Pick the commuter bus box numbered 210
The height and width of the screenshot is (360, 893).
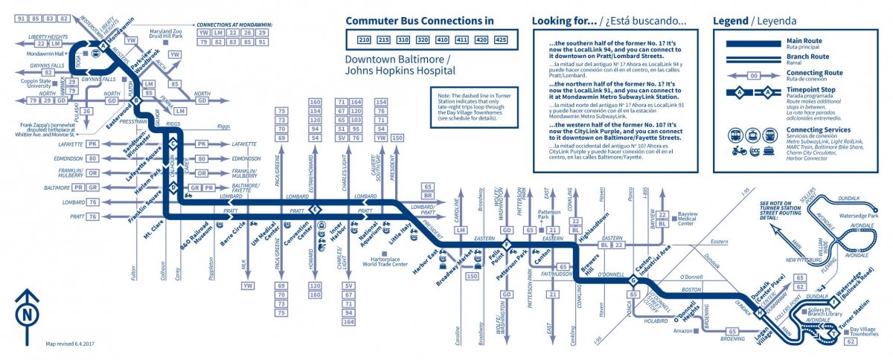(363, 39)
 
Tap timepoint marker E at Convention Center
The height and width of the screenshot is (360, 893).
(316, 209)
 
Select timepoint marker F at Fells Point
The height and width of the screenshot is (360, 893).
(507, 245)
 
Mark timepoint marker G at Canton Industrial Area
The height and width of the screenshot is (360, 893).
(633, 280)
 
